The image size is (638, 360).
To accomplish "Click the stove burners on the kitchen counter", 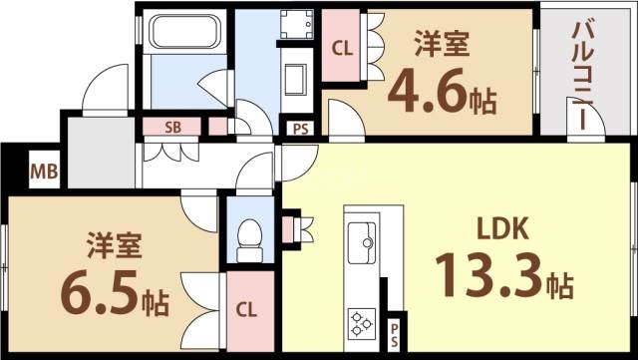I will click(360, 322).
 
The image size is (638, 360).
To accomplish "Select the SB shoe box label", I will click(173, 127).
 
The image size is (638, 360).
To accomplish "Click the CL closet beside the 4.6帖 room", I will click(341, 46).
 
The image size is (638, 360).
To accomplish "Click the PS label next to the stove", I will click(396, 332).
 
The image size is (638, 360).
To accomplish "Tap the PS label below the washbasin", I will click(299, 128).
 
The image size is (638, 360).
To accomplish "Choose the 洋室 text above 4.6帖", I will click(441, 44).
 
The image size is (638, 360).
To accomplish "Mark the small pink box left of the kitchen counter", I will click(292, 228).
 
